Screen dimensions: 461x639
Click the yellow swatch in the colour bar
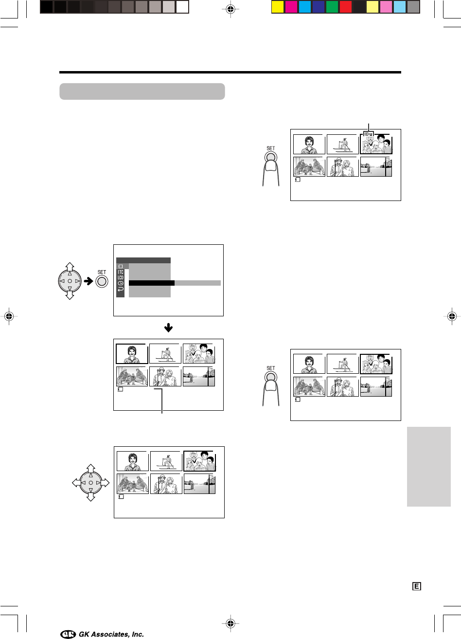tap(277, 7)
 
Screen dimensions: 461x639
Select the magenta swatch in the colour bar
tap(291, 7)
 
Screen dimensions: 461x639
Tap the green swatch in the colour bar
tap(332, 7)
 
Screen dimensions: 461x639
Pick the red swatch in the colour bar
tap(346, 7)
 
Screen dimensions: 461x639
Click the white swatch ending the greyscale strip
tap(182, 7)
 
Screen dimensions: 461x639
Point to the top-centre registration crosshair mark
tap(230, 9)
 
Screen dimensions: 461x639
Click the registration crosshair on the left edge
tap(9, 316)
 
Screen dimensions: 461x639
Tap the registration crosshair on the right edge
tap(452, 316)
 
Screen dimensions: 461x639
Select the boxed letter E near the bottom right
tap(417, 586)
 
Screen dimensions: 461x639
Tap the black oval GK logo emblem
tap(68, 634)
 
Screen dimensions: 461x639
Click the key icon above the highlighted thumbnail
tap(368, 134)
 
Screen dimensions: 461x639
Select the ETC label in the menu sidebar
tap(121, 272)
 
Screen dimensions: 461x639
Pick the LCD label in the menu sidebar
tap(121, 277)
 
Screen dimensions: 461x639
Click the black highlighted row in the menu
tap(152, 283)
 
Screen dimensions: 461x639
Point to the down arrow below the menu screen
tap(168, 328)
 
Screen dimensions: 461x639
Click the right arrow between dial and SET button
tap(89, 281)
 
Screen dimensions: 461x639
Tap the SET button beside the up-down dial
tap(102, 282)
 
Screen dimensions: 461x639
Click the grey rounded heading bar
tap(142, 91)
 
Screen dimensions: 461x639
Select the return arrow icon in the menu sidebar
tap(121, 289)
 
